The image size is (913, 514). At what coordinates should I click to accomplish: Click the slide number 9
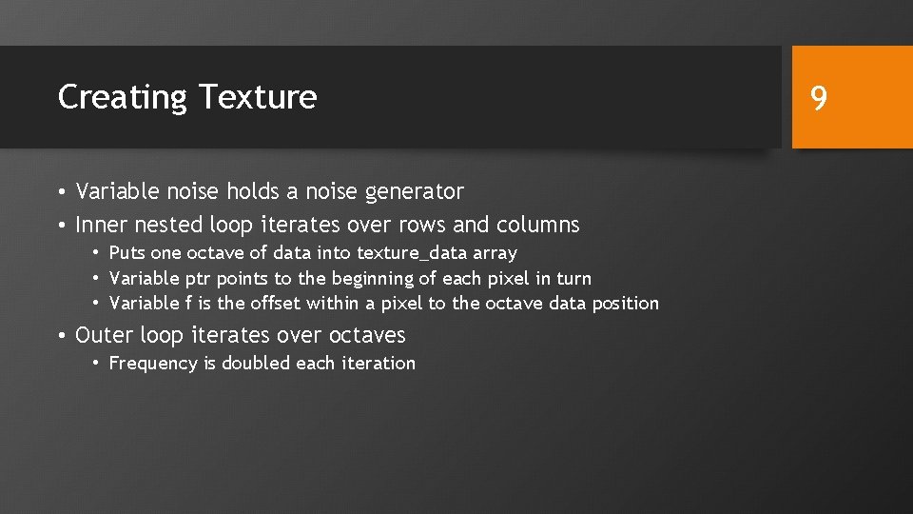[818, 97]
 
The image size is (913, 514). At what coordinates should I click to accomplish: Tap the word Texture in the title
[258, 97]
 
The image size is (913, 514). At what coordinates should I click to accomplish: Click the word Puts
[127, 253]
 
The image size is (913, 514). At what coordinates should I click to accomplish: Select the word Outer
[105, 335]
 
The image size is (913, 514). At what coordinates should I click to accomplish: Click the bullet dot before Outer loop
[61, 336]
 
